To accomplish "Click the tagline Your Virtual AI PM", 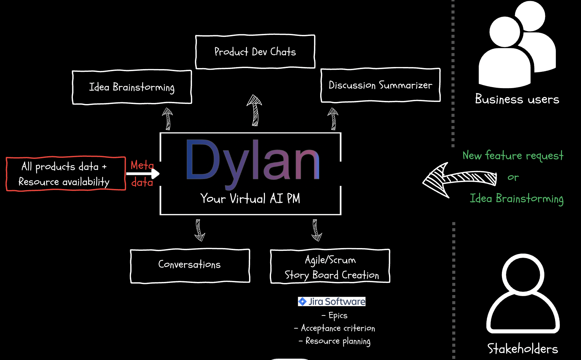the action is pyautogui.click(x=250, y=199).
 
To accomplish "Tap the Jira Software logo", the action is pyautogui.click(x=332, y=301).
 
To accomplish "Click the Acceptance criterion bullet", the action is pyautogui.click(x=334, y=328).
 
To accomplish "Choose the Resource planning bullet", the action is pyautogui.click(x=335, y=341).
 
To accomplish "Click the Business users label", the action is pyautogui.click(x=517, y=100).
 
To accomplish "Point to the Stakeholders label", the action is pyautogui.click(x=522, y=348).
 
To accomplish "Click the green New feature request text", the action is pyautogui.click(x=513, y=155).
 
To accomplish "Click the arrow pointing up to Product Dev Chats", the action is pyautogui.click(x=255, y=111).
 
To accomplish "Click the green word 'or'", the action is pyautogui.click(x=513, y=177).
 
